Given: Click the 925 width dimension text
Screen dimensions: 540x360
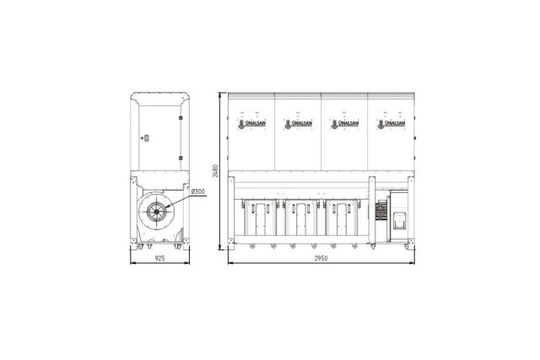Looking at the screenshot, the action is [x=159, y=258].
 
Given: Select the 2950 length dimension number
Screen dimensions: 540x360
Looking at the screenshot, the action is [x=321, y=258].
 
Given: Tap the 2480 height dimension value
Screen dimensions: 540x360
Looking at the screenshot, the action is [x=215, y=170].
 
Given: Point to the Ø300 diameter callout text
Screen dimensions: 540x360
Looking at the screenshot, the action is [x=198, y=191].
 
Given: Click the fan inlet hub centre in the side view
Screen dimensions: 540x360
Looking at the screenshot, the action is [x=157, y=212].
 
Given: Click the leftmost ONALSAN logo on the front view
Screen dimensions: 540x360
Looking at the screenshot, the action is [x=252, y=124].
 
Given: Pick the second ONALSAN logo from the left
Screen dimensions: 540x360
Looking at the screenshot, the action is [x=299, y=124].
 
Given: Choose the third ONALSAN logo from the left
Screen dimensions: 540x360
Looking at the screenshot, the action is [x=345, y=124].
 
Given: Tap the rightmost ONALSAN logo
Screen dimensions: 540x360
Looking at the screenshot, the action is [x=391, y=124].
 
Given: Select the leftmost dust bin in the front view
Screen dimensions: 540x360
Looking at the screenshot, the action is [x=261, y=218].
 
